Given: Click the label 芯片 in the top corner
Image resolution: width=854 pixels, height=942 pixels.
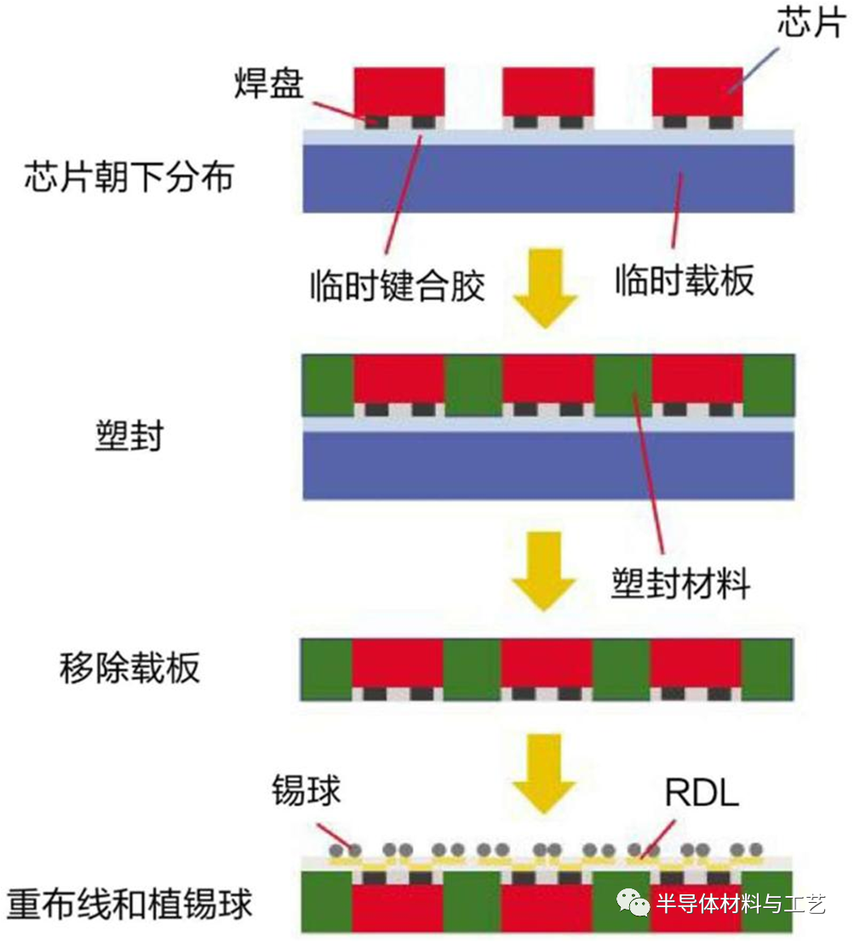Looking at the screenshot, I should coord(809,24).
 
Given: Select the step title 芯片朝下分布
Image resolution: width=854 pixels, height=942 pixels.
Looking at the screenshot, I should coord(129,180).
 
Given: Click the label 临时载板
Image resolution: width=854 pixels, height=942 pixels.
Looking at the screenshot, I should coord(685,281).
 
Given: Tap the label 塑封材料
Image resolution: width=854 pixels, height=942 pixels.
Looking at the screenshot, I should coord(681,585).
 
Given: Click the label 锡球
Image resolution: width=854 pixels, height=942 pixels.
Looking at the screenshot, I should coord(307,791).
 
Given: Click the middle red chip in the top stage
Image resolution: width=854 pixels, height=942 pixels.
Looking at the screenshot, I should coord(547,91).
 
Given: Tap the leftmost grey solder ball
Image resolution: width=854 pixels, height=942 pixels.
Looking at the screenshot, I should coord(338,849).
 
